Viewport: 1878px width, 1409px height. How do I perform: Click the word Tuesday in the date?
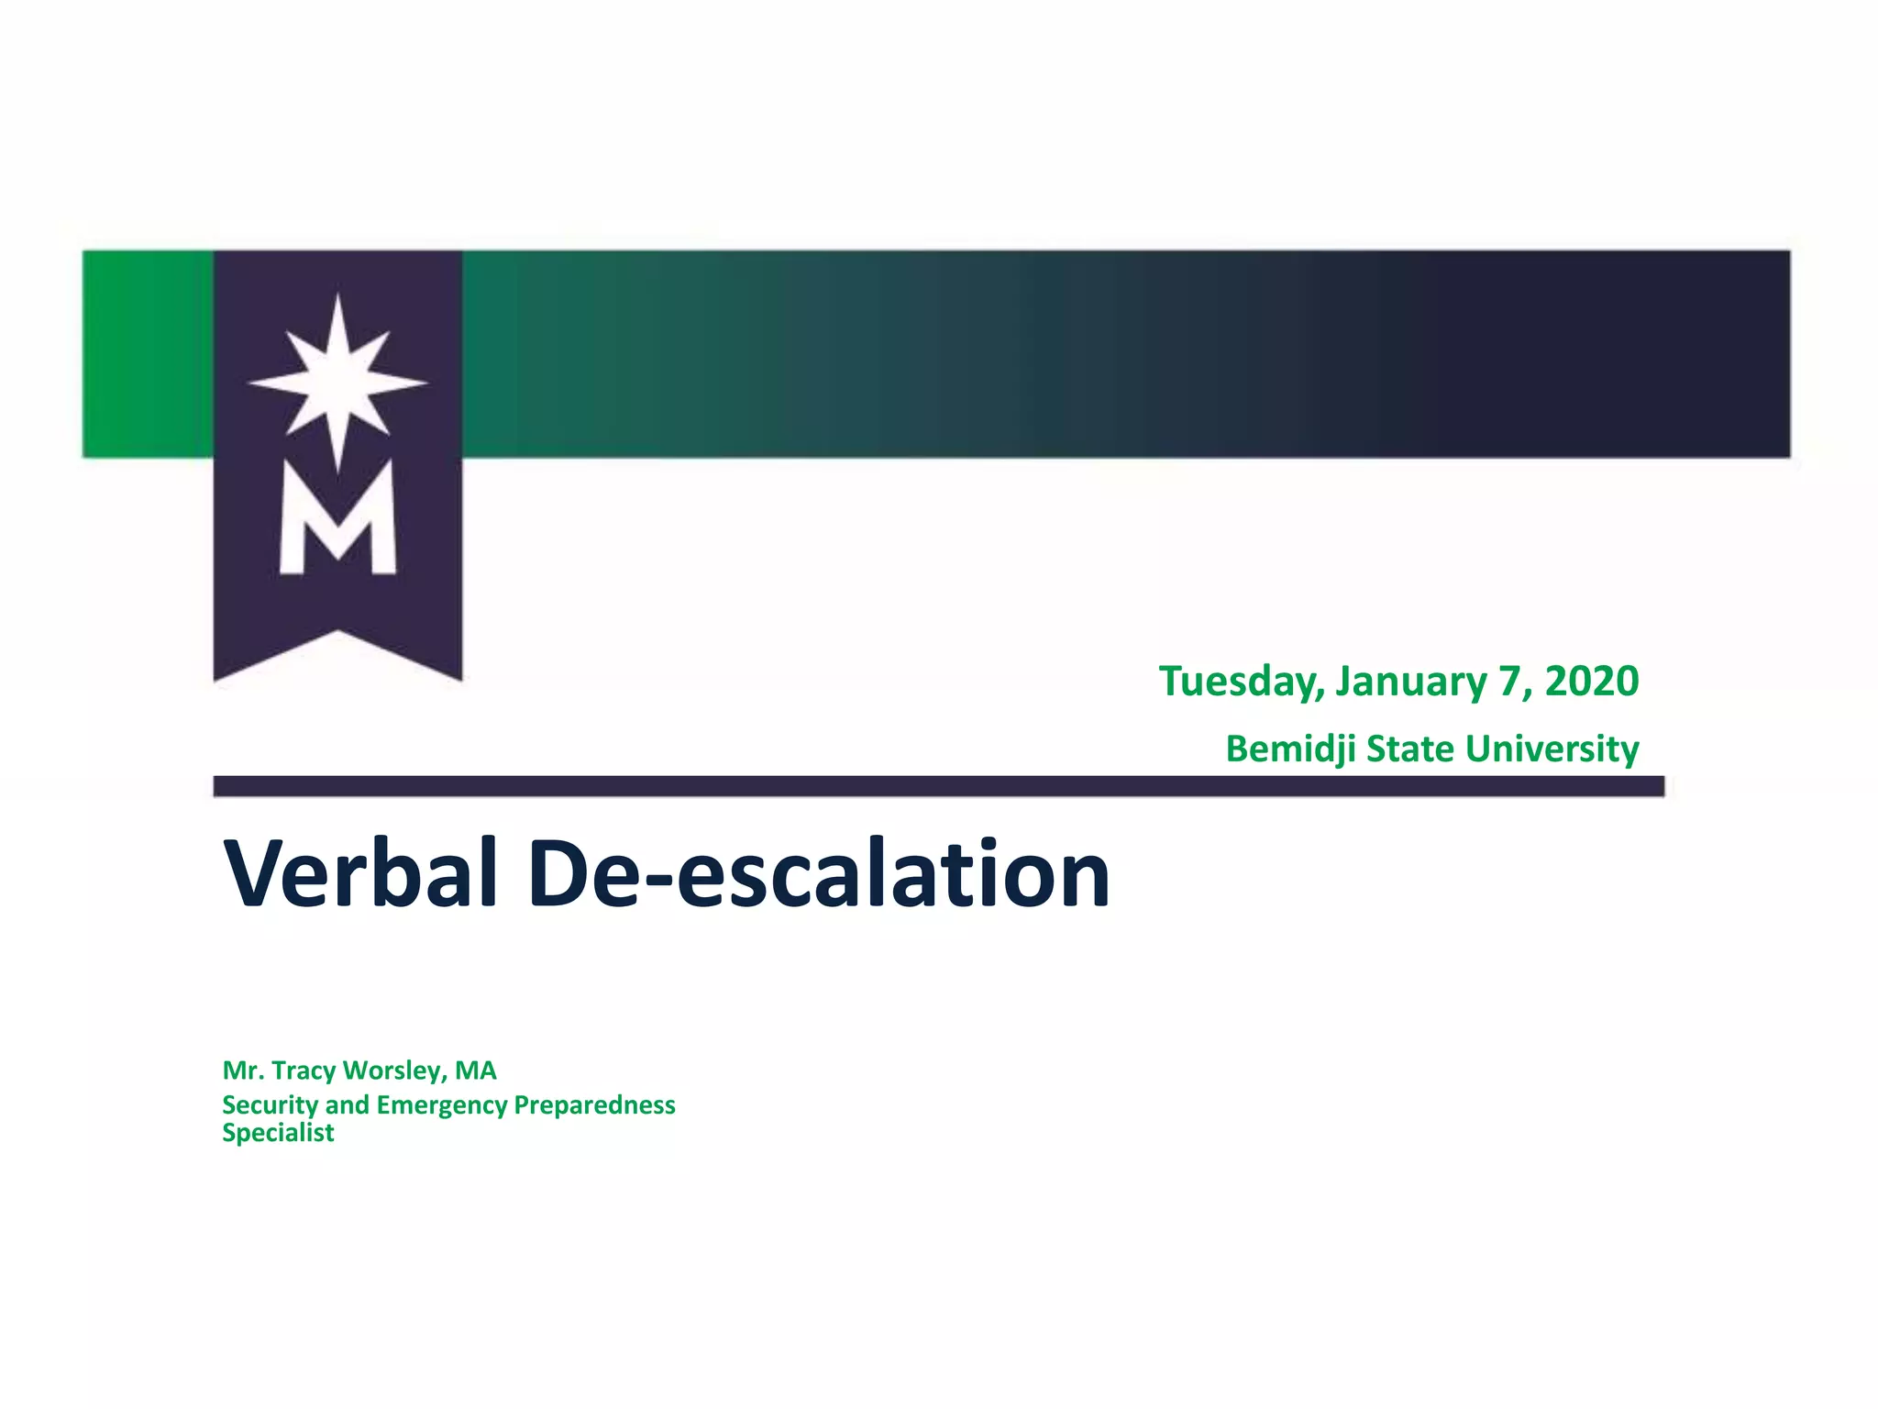[1241, 682]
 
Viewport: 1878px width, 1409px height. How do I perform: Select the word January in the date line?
[1410, 682]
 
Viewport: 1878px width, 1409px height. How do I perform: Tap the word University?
[1552, 749]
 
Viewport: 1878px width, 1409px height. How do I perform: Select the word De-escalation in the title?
[819, 873]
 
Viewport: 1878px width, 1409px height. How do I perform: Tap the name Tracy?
[304, 1071]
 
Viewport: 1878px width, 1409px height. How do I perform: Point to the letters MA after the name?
[475, 1071]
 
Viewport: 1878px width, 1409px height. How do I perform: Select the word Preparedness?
[594, 1105]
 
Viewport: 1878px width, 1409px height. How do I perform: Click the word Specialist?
[278, 1133]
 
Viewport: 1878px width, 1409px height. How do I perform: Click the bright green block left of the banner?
[148, 354]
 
